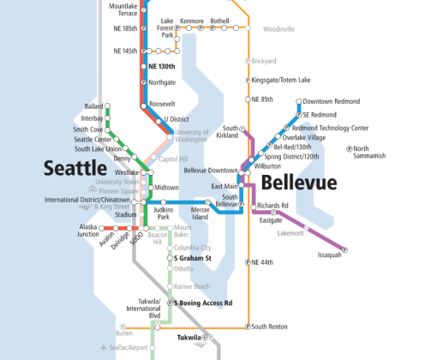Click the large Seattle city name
click(x=75, y=167)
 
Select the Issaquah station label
click(x=329, y=255)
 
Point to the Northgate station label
click(x=162, y=83)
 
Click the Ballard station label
click(x=93, y=106)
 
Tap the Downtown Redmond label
click(x=331, y=102)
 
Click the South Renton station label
click(x=271, y=326)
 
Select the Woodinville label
click(x=278, y=28)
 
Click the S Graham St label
click(x=193, y=257)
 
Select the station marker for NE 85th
click(x=248, y=99)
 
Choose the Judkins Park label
click(x=165, y=212)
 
